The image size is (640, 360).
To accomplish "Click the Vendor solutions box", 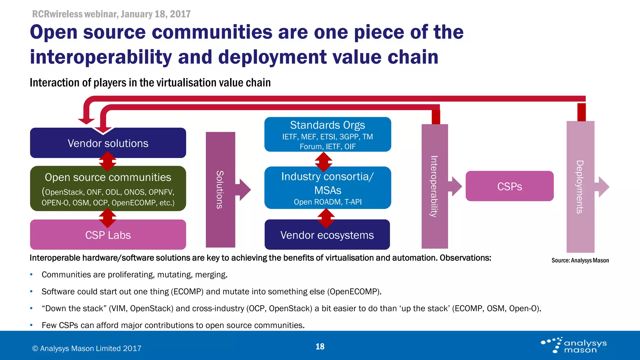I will [x=108, y=143].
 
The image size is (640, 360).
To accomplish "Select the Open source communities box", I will [x=108, y=188].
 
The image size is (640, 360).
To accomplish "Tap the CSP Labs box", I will [x=108, y=235].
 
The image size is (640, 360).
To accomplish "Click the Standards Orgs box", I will [x=327, y=134].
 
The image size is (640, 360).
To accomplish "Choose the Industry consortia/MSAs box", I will [x=327, y=187].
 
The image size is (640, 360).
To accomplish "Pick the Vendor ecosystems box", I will [x=327, y=235].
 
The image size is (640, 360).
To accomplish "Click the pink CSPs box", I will [x=509, y=186].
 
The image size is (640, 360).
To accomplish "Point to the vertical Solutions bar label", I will [x=220, y=190].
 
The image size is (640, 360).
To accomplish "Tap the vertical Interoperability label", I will [x=434, y=186].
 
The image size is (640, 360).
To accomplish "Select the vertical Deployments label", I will [x=580, y=187].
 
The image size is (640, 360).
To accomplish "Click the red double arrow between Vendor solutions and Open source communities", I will [x=107, y=162].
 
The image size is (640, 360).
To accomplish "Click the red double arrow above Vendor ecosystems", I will [x=326, y=218].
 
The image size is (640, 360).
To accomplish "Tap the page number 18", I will [x=320, y=346].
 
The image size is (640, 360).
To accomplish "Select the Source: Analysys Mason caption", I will [x=580, y=260].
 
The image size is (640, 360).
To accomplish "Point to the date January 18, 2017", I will [x=156, y=14].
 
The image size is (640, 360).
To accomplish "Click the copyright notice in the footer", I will [x=87, y=348].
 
